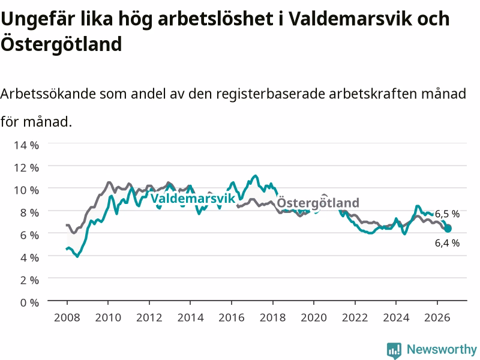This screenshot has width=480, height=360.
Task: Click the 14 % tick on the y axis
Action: coord(26,145)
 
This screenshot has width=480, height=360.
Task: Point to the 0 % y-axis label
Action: coord(29,303)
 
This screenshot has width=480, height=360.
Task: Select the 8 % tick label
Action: coord(29,212)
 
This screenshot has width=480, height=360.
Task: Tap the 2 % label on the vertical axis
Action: coord(29,280)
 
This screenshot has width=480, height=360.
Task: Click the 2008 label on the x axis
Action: coord(67,317)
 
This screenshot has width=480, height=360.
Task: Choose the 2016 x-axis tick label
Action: coord(232,317)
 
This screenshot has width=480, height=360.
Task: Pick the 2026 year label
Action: coord(437,317)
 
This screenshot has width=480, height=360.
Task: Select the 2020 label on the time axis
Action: coord(314,317)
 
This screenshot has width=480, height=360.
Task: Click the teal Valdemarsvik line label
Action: coord(193,199)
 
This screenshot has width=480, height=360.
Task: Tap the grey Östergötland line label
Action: coord(318,203)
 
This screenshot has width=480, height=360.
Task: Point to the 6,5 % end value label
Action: coord(447,214)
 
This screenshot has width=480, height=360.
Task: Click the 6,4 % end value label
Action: coord(447,243)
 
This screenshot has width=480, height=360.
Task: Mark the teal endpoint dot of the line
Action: coord(448,229)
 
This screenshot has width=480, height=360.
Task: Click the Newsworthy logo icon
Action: coord(394,350)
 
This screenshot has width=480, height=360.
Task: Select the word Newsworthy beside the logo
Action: coord(442,349)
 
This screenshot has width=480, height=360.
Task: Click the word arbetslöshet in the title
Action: coord(215,19)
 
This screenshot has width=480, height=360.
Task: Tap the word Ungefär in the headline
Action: coord(38,20)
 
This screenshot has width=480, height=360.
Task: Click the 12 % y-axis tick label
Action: coord(26,167)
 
